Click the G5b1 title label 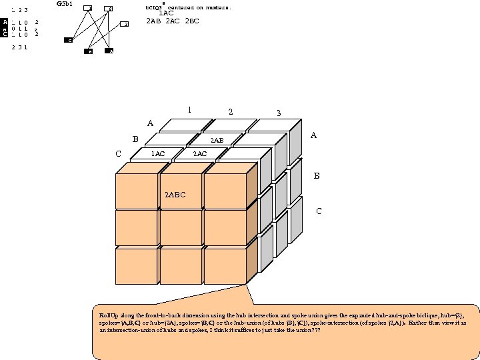tap(65, 4)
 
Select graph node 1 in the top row tap(87, 8)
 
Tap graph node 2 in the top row tap(108, 9)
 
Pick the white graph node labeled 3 tap(125, 25)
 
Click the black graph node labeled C tap(69, 41)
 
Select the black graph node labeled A tap(109, 51)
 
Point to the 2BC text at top tap(192, 21)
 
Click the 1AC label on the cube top tap(158, 154)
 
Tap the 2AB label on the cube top tap(217, 141)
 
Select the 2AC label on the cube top tap(199, 154)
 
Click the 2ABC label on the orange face tap(175, 195)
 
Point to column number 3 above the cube tap(279, 113)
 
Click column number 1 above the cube tap(189, 110)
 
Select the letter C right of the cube tap(319, 211)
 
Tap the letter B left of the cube tap(135, 139)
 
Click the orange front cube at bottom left tap(136, 265)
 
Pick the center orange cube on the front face tap(181, 227)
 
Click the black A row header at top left tap(5, 22)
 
